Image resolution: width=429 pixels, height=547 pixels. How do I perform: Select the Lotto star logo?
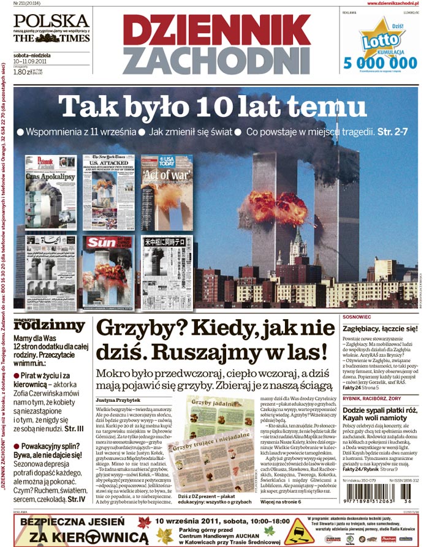click(374, 39)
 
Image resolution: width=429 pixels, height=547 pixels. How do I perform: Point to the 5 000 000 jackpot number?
click(376, 62)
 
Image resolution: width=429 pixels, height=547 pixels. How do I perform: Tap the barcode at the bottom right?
click(374, 509)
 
